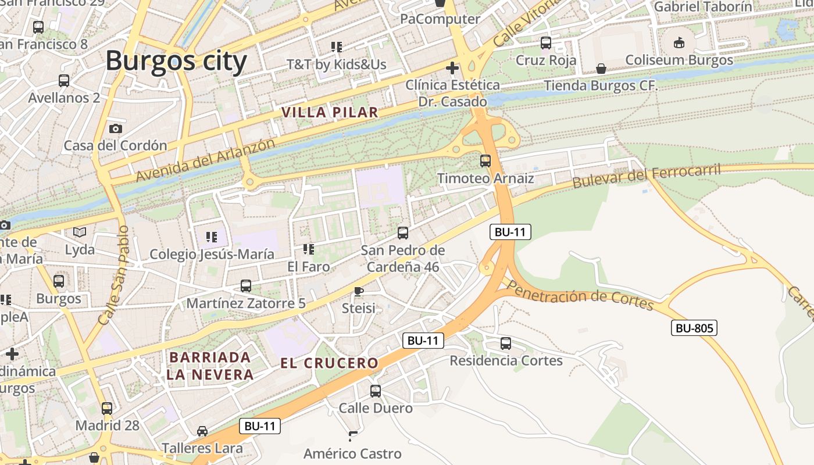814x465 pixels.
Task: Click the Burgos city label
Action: pyautogui.click(x=176, y=60)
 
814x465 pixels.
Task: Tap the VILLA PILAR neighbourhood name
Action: pyautogui.click(x=330, y=113)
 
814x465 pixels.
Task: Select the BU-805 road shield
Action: pyautogui.click(x=694, y=328)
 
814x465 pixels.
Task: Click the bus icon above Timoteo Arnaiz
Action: pyautogui.click(x=485, y=161)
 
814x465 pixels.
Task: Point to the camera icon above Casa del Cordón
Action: pyautogui.click(x=116, y=128)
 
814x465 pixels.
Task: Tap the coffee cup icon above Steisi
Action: pyautogui.click(x=359, y=291)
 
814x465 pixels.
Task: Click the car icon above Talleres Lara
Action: pyautogui.click(x=202, y=431)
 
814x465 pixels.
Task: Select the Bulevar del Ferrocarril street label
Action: pyautogui.click(x=646, y=175)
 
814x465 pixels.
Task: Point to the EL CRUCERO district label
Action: pyautogui.click(x=329, y=363)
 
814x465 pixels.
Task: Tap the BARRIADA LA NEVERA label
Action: pyautogui.click(x=209, y=366)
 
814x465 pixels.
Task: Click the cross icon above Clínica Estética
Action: pyautogui.click(x=452, y=68)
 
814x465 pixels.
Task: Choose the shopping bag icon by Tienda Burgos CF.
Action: pyautogui.click(x=601, y=69)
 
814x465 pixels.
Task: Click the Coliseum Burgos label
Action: pyautogui.click(x=679, y=60)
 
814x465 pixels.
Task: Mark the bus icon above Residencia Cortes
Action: pyautogui.click(x=506, y=344)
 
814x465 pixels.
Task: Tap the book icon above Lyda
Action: pyautogui.click(x=80, y=233)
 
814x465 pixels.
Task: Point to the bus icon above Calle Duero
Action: pyautogui.click(x=376, y=391)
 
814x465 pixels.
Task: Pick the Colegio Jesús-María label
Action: pyautogui.click(x=212, y=254)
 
